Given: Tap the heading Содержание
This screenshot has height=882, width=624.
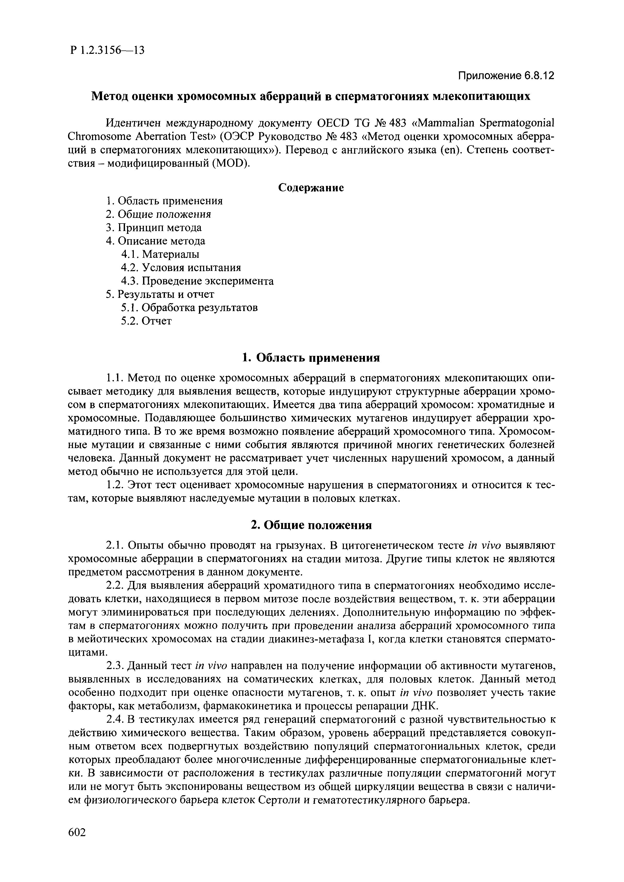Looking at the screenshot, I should tap(311, 187).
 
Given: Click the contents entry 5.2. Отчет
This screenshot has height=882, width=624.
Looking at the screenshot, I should tap(146, 321).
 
